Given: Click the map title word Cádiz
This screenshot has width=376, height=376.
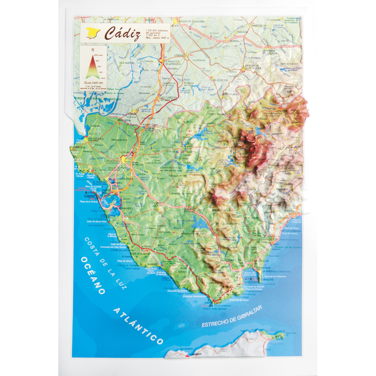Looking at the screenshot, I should (x=122, y=34).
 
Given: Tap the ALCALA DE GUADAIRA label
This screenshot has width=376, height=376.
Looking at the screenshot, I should (x=193, y=21).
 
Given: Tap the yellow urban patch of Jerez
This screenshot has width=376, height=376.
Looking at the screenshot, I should (x=124, y=160).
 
